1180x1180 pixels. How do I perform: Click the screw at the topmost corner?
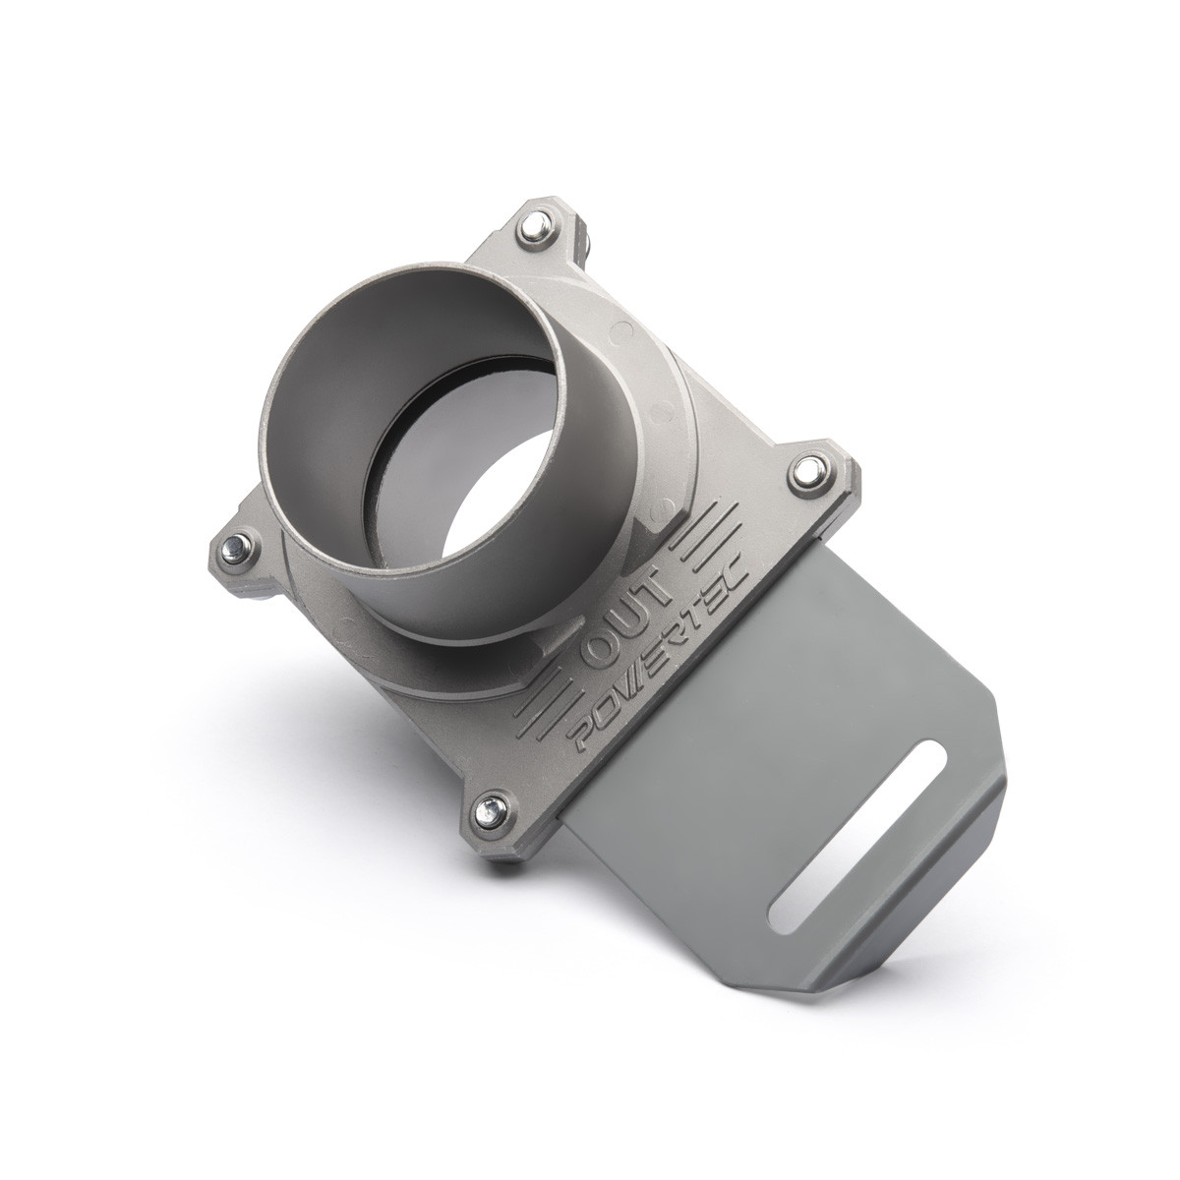click(x=535, y=225)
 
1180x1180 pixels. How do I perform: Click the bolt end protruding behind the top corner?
click(x=584, y=242)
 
